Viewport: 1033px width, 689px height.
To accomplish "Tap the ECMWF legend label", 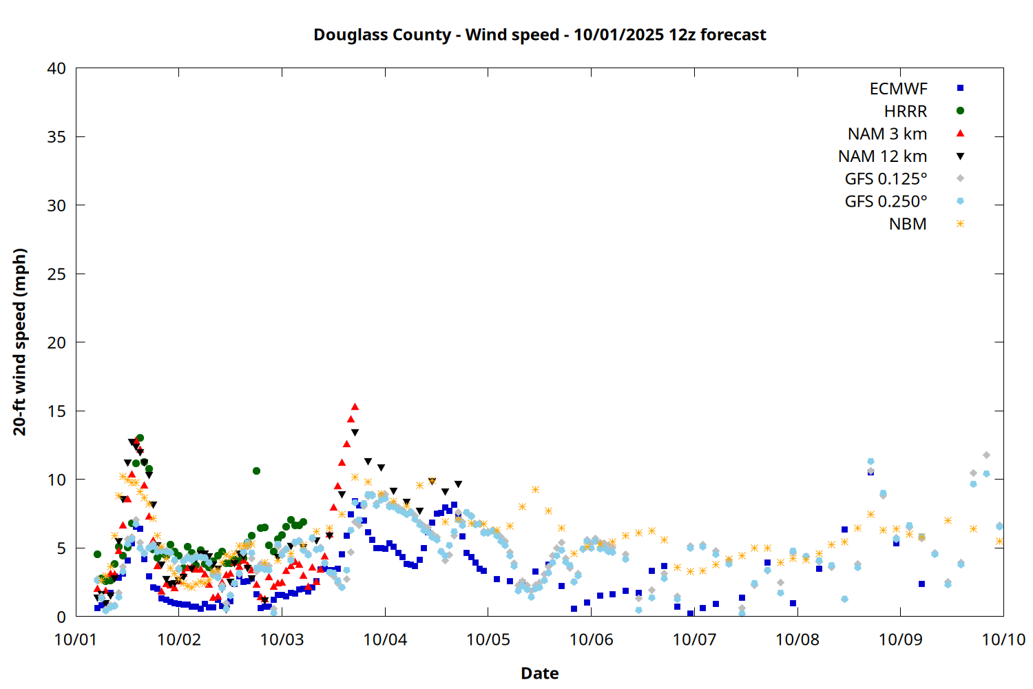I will point(898,89).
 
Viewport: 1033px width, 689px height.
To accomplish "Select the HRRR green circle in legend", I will point(960,111).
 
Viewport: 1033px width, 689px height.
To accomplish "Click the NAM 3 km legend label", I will point(887,134).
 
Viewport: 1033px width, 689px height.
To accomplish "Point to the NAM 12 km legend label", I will point(882,156).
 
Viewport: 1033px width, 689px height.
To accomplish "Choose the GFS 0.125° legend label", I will point(886,179).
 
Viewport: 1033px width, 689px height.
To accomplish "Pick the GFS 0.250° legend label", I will point(886,202).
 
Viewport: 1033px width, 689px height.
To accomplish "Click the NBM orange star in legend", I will point(960,224).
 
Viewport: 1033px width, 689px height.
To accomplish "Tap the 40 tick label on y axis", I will point(57,68).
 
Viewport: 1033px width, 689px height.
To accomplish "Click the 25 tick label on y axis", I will point(57,274).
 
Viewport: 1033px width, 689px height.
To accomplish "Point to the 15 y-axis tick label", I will point(57,411).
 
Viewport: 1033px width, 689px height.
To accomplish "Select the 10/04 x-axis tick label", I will point(385,639).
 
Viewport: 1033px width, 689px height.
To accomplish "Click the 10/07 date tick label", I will point(694,639).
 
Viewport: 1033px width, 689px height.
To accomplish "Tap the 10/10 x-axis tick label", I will point(1003,639).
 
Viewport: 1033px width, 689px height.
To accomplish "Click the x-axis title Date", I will point(539,673).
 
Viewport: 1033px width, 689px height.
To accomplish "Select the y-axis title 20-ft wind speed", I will point(20,342).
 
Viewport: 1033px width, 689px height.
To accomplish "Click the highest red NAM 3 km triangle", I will point(355,407).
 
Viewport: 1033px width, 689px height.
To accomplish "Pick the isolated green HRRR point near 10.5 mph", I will point(256,471).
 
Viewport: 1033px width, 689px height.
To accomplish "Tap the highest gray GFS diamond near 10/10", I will point(986,455).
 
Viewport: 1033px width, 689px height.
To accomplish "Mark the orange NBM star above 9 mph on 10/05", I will point(535,490).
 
